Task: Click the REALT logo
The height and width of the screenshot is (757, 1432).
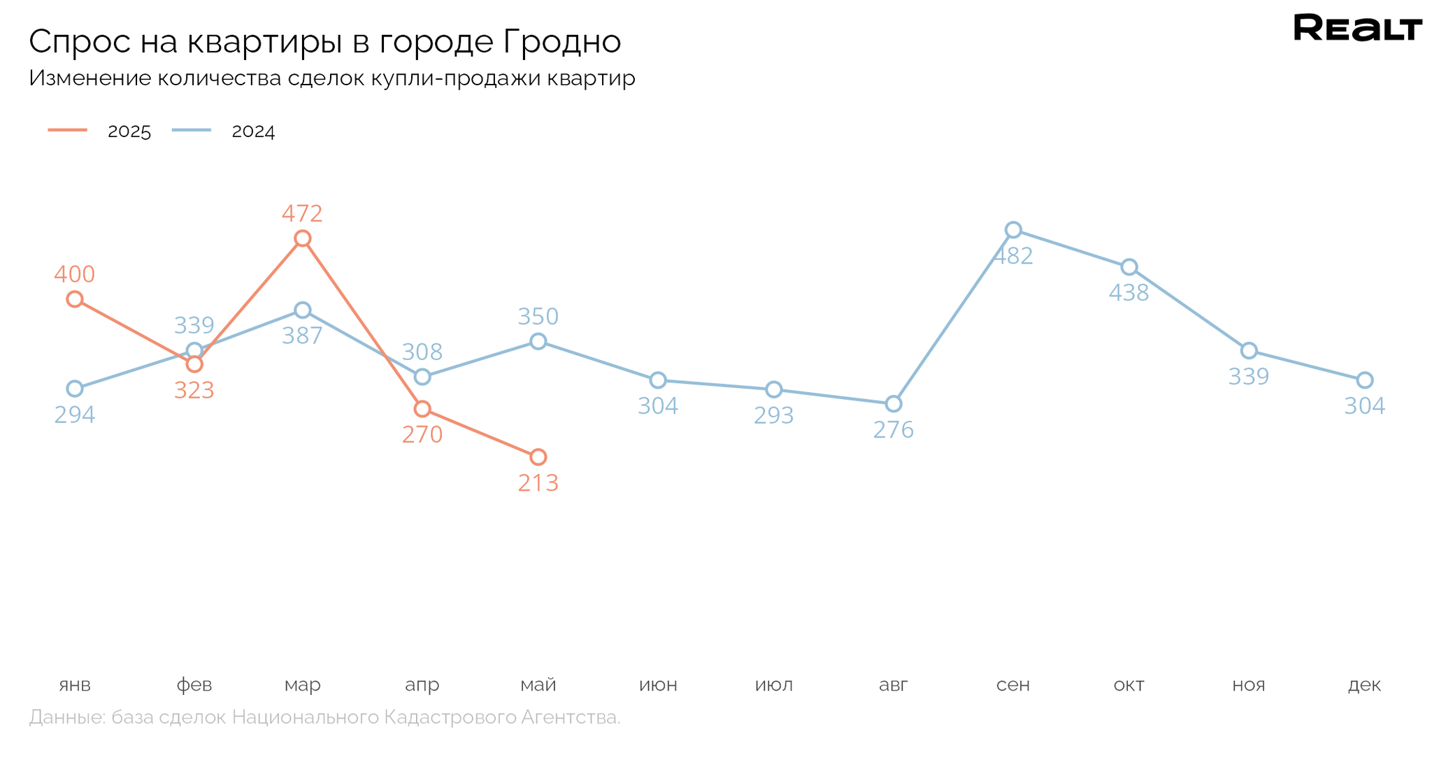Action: [x=1357, y=29]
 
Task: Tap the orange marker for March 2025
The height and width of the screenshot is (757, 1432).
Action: [x=302, y=238]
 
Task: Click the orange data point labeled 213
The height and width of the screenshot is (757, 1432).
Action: [x=538, y=457]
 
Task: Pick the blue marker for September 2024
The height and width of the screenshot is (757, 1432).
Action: [x=1013, y=230]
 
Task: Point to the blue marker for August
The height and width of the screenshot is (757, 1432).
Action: [x=893, y=404]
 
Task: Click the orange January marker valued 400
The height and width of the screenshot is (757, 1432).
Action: [x=75, y=299]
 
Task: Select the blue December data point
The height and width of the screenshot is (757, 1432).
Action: [x=1364, y=380]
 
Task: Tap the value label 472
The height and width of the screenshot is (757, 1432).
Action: [x=302, y=213]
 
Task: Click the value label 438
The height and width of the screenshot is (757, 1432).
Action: [x=1129, y=293]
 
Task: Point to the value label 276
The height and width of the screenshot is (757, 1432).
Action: [x=893, y=430]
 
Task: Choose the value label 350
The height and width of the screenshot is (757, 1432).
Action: [x=538, y=317]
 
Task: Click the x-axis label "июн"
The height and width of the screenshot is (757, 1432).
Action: [x=658, y=685]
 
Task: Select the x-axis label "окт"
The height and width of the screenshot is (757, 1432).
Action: [x=1129, y=685]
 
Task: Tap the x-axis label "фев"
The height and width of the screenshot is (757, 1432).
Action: [x=194, y=685]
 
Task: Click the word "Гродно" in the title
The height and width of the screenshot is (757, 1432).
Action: [x=561, y=42]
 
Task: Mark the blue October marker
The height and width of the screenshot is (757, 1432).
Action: [x=1129, y=267]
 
